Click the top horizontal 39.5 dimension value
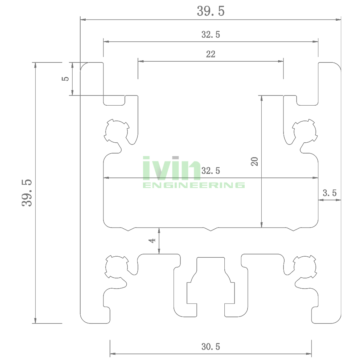coord(211,11)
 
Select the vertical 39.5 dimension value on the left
coord(27,193)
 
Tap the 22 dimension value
coord(211,54)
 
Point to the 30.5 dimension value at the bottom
coord(211,347)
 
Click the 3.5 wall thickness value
coord(330,193)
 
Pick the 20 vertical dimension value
coord(254,162)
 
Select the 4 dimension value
coord(152,241)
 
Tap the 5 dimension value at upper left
coord(65,79)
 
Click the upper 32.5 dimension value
coord(211,34)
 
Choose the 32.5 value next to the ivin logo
coord(211,171)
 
